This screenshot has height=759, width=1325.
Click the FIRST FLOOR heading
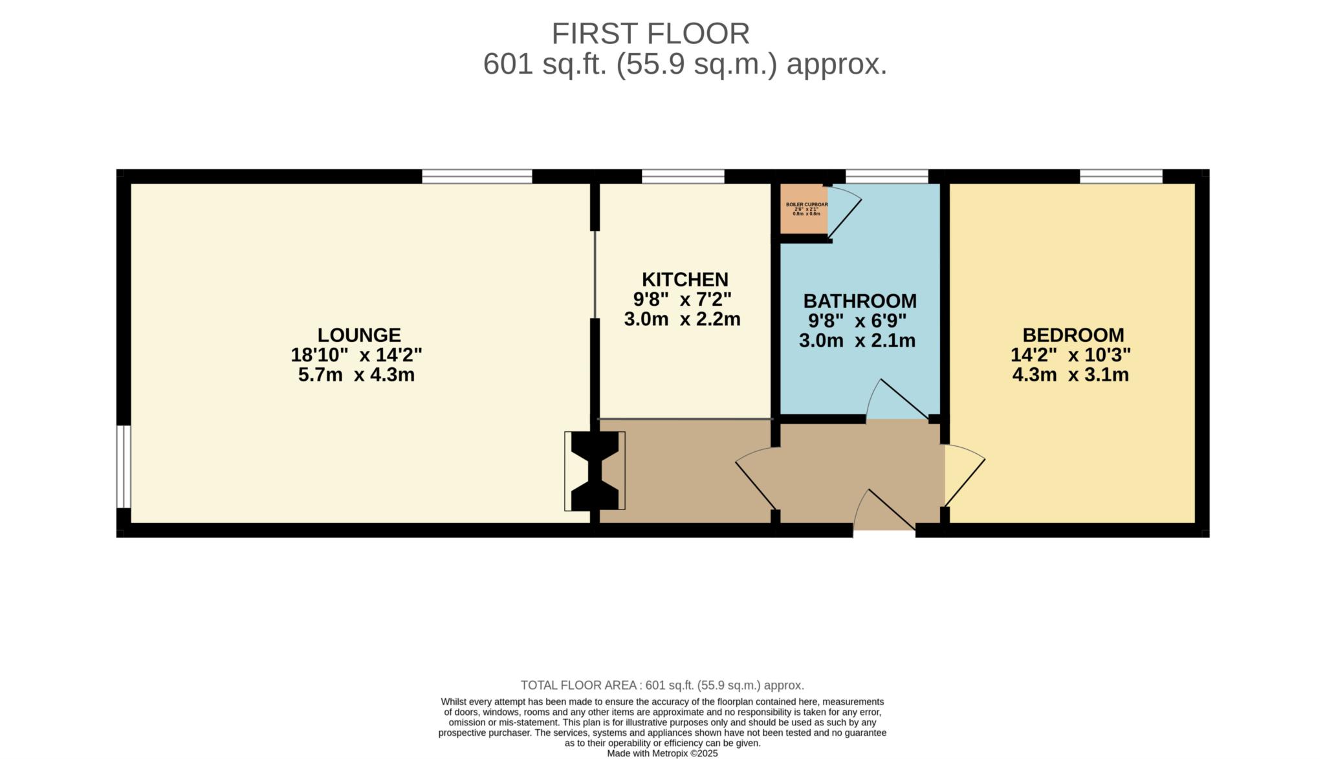[650, 34]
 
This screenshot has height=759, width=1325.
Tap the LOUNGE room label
[359, 335]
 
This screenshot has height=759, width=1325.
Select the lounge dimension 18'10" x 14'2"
[356, 355]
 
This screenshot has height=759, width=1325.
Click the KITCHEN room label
[684, 279]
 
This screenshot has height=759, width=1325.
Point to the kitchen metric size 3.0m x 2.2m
[682, 319]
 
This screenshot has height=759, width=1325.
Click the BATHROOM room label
[860, 301]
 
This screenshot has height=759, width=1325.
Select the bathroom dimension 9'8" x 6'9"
[857, 321]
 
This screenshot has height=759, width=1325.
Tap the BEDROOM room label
[1073, 335]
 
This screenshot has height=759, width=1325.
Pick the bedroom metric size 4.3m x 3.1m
[1070, 374]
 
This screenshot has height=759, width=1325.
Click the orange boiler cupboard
[804, 209]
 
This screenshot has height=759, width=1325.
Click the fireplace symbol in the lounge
[595, 471]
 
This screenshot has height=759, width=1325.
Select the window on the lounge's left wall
[124, 466]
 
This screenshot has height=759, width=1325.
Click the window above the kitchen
[683, 176]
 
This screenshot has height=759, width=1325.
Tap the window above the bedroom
[1121, 176]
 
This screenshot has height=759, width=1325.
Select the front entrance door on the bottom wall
[883, 514]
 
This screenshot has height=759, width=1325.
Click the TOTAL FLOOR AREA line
[662, 685]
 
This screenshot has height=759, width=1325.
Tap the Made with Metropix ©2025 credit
[662, 754]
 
